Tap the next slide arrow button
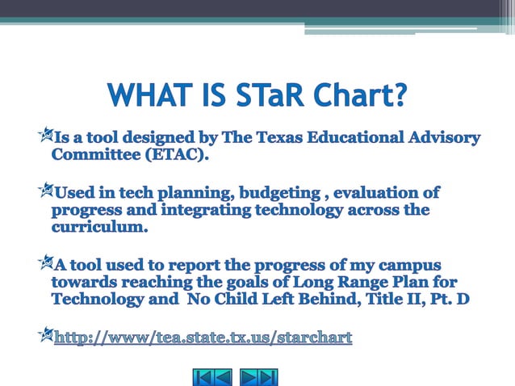(250, 376)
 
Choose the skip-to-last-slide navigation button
(269, 376)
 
